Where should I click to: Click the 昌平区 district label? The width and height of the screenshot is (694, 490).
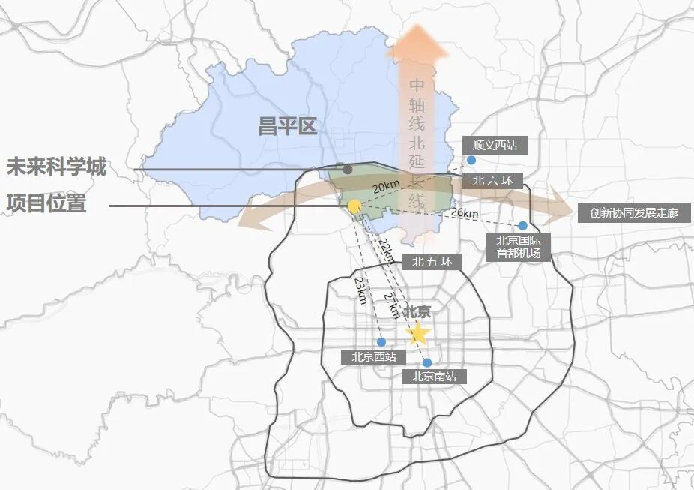tap(287, 127)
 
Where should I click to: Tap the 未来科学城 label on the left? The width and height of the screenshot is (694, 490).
tap(56, 167)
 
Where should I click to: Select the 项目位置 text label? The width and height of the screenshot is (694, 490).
tap(46, 203)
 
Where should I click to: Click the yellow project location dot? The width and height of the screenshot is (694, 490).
tap(354, 206)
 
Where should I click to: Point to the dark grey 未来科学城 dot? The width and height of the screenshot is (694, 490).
tap(348, 170)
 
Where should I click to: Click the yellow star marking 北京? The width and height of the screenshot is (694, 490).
tap(417, 333)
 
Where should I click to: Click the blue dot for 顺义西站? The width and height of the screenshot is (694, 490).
tap(471, 160)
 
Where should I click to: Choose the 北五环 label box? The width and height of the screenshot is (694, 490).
tap(432, 263)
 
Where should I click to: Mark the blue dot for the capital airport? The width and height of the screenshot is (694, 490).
tap(522, 225)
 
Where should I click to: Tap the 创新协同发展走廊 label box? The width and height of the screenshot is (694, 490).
tap(633, 213)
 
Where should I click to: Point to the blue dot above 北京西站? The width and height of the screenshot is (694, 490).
tap(381, 342)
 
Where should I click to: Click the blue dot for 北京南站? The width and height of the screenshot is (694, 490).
tap(427, 362)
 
